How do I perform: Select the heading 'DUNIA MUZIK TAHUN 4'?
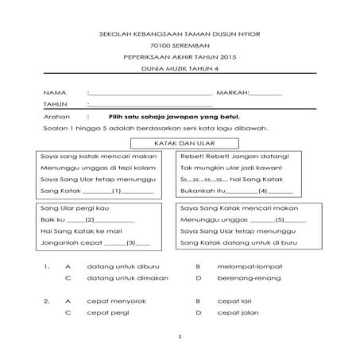pyautogui.click(x=179, y=71)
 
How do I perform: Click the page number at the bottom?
pyautogui.click(x=180, y=337)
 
